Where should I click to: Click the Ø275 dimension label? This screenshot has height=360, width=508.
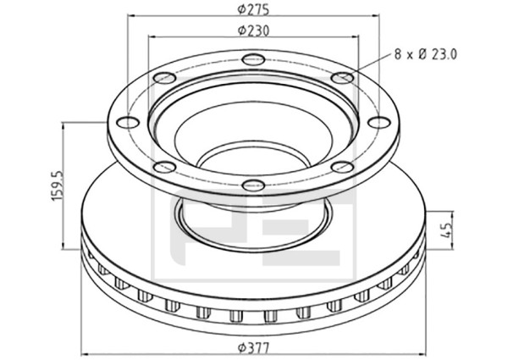tap(253, 9)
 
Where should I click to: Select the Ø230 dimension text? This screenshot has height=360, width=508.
tap(253, 30)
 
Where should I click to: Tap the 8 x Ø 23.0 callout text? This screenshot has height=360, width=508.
tap(425, 54)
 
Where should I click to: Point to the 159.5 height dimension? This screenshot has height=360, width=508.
tap(58, 186)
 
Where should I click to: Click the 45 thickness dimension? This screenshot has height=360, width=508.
tap(447, 230)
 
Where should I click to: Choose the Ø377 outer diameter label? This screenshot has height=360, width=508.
tap(253, 349)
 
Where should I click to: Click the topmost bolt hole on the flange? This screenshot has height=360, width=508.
tap(253, 59)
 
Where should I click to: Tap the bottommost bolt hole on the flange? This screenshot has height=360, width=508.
tap(253, 186)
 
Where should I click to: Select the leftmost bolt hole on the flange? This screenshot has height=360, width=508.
tap(129, 123)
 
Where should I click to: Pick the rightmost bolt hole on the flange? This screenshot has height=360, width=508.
tap(379, 123)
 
